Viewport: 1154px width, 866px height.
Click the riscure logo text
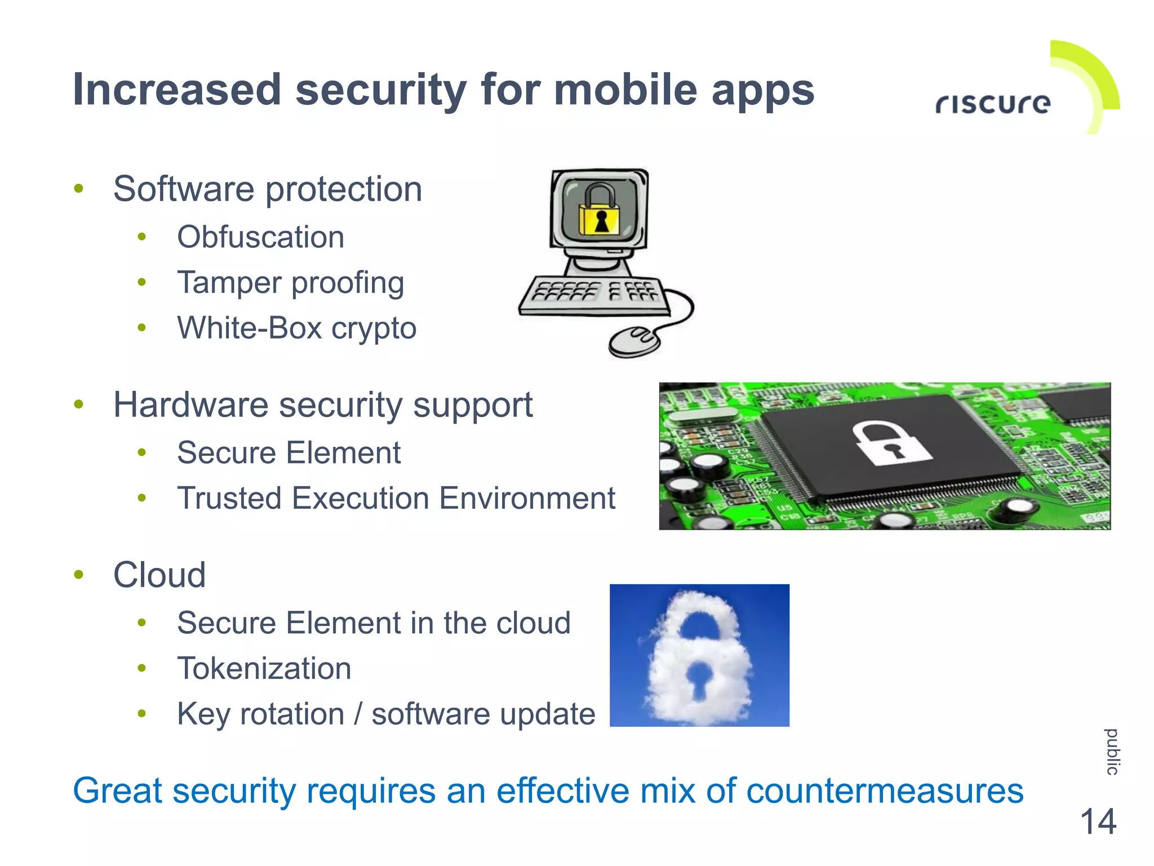click(x=993, y=104)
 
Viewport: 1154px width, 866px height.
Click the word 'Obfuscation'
click(x=260, y=237)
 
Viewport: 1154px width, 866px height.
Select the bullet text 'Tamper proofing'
click(x=291, y=283)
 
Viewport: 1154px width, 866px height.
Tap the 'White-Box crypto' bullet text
click(x=297, y=328)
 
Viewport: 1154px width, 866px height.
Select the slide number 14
click(x=1098, y=821)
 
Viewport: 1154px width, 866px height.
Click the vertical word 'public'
click(x=1112, y=752)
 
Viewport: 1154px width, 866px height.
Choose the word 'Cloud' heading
click(x=159, y=575)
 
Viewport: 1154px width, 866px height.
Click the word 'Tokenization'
click(x=264, y=669)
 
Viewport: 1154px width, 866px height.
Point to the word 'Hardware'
click(x=191, y=405)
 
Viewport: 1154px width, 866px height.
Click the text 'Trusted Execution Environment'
click(x=396, y=499)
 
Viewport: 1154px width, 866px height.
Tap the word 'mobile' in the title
click(x=625, y=90)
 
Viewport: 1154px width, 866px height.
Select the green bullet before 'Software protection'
click(x=79, y=189)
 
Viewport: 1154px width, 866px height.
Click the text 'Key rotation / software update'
click(x=386, y=714)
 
